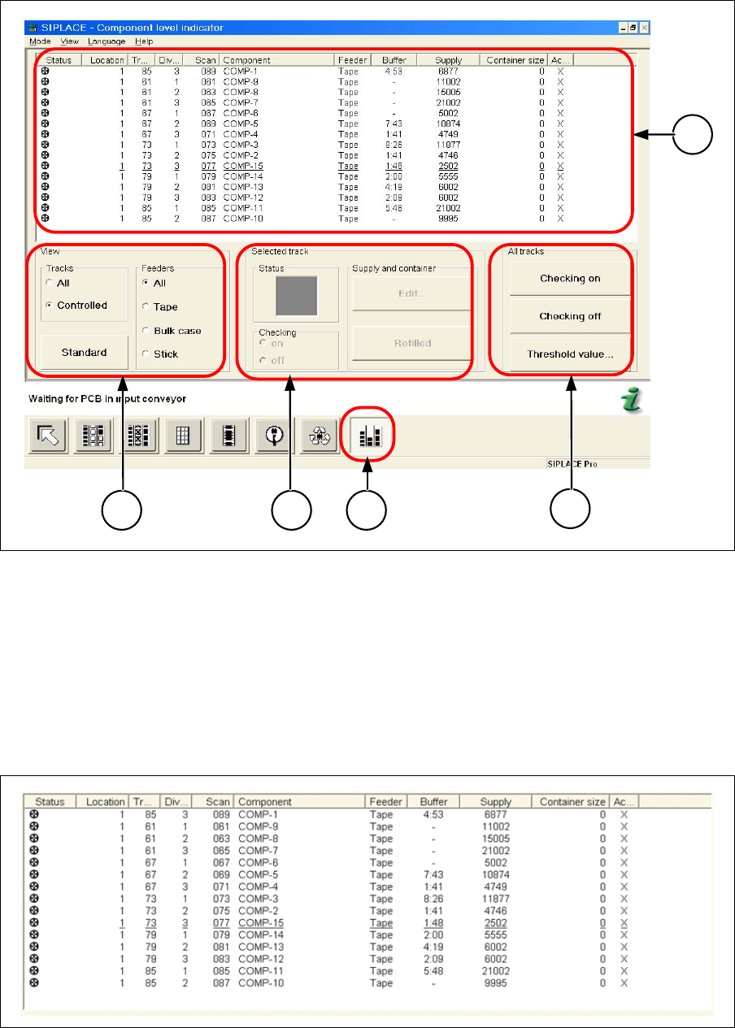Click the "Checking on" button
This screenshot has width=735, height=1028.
click(x=570, y=279)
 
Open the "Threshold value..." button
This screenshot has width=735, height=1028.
click(x=570, y=354)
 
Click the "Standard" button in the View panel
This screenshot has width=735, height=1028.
click(x=84, y=353)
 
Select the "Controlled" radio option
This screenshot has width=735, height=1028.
click(x=51, y=306)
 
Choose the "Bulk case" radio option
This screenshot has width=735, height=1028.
click(x=146, y=331)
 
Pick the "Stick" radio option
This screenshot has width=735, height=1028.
click(x=146, y=354)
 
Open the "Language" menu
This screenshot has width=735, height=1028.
click(x=107, y=41)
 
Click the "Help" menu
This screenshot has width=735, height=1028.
click(x=144, y=41)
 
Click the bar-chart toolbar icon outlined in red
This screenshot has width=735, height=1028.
click(x=368, y=436)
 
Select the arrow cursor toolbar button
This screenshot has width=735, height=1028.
click(x=50, y=436)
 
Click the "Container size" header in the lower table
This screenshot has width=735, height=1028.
click(x=573, y=802)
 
